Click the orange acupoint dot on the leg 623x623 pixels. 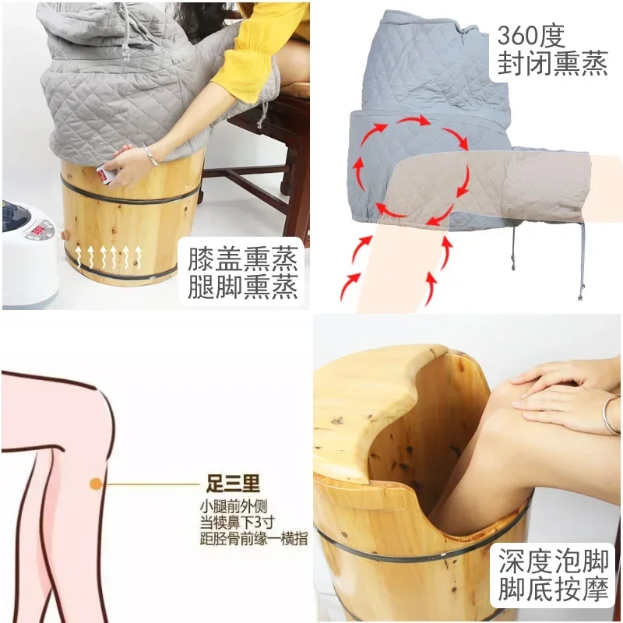pyautogui.click(x=95, y=484)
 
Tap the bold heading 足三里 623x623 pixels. pyautogui.click(x=233, y=483)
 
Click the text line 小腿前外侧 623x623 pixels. pyautogui.click(x=234, y=507)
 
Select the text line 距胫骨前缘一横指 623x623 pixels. pyautogui.click(x=254, y=538)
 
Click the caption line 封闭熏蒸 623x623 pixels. pyautogui.click(x=553, y=63)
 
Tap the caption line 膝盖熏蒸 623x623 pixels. pyautogui.click(x=242, y=259)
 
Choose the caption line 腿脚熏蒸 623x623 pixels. pyautogui.click(x=242, y=287)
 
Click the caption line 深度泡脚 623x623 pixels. pyautogui.click(x=554, y=561)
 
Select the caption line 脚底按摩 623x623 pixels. pyautogui.click(x=554, y=589)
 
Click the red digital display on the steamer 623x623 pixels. pyautogui.click(x=38, y=231)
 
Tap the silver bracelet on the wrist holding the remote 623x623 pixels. pyautogui.click(x=151, y=155)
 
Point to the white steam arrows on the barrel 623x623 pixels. pyautogui.click(x=108, y=256)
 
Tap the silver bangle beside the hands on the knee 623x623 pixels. pyautogui.click(x=611, y=414)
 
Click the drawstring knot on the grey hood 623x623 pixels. pyautogui.click(x=126, y=54)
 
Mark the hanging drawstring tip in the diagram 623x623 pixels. pyautogui.click(x=580, y=296)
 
